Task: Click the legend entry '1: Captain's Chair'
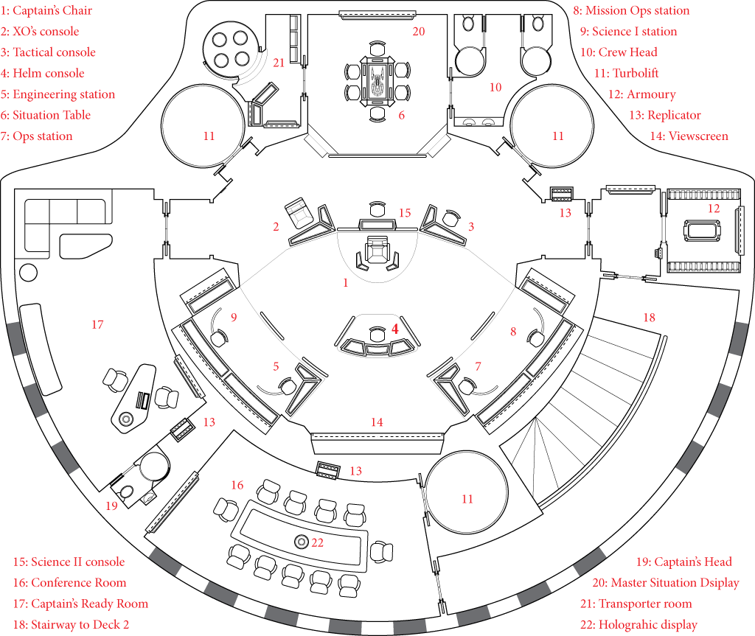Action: point(46,10)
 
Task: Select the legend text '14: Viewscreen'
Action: point(689,136)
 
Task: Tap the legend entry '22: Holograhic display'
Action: point(639,625)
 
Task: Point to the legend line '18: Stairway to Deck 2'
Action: point(72,625)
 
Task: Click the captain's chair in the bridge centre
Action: point(375,249)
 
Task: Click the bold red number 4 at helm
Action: point(395,329)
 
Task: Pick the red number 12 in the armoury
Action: point(714,209)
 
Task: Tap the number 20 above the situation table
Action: point(419,32)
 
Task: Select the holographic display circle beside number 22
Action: point(302,542)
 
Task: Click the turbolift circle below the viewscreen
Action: point(467,492)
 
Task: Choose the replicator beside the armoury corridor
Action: point(561,194)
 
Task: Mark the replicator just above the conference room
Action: point(328,469)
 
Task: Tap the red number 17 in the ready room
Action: point(97,325)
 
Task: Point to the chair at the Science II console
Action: point(377,209)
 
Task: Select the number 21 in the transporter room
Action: point(279,63)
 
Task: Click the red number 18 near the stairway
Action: point(649,318)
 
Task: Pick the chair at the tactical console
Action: point(452,217)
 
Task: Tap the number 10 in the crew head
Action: point(495,88)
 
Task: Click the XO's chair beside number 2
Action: point(299,212)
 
